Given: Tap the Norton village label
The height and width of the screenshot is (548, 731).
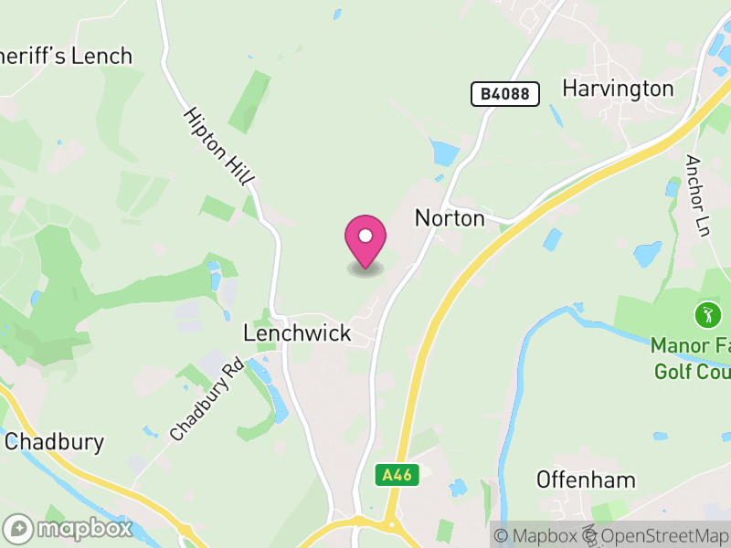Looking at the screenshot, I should (450, 217).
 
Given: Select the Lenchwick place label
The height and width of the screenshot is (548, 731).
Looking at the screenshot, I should (297, 333).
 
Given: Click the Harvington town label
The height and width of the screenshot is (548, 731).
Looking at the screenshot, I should (618, 89).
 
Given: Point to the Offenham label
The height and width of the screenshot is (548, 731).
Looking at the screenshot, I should (586, 480).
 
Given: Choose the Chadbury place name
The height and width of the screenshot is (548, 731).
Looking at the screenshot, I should (54, 443).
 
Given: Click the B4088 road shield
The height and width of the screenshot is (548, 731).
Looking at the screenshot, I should (505, 93).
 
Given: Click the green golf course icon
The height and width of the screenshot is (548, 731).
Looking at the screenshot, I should (707, 316).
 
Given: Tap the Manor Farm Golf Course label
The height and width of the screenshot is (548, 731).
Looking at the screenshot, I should (691, 359).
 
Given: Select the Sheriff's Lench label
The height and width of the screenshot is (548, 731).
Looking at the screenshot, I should (66, 57).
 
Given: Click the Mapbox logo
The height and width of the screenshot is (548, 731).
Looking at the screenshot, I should (69, 528).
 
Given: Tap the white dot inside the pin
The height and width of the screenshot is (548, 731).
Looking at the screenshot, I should (365, 237).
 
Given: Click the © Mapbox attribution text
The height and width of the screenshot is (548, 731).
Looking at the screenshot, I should (537, 536).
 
